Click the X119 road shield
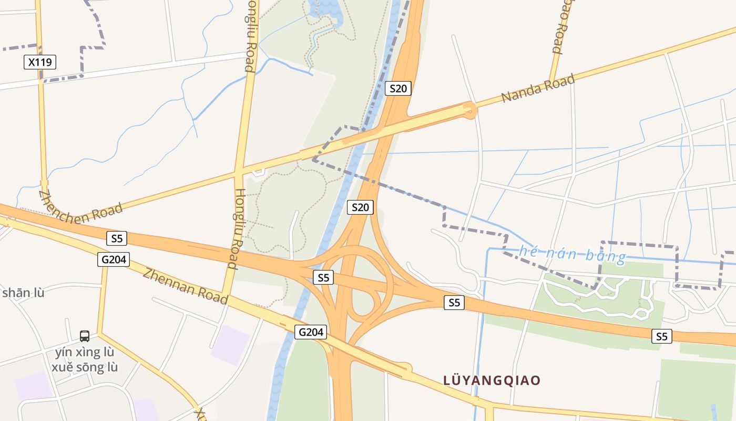click(40, 62)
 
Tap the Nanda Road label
click(537, 88)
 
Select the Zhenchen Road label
click(80, 207)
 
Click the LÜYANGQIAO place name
click(492, 380)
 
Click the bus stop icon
click(85, 336)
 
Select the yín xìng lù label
click(85, 352)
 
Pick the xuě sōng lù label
click(85, 367)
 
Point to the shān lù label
click(23, 293)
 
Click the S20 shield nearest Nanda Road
click(398, 88)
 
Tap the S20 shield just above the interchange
click(360, 207)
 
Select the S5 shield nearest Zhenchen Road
click(117, 238)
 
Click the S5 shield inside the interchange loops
click(323, 277)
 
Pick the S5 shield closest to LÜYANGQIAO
click(454, 303)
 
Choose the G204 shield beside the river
click(311, 332)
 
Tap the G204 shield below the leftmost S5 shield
click(113, 259)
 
